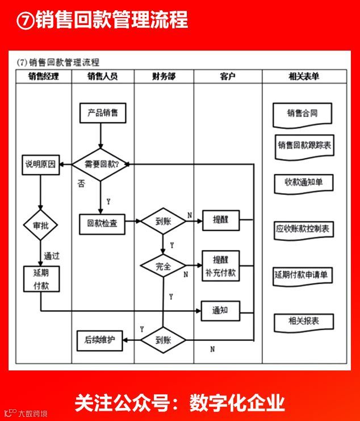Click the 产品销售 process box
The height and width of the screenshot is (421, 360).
[103, 113]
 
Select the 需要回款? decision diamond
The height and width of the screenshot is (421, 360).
[101, 164]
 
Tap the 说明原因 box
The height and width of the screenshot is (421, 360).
[40, 165]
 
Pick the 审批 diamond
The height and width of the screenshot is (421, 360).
[40, 226]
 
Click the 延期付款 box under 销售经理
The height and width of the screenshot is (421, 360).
[41, 279]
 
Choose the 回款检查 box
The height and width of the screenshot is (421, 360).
[102, 223]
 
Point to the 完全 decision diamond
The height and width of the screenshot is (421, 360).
[163, 265]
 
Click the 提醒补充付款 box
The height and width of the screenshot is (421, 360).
[221, 265]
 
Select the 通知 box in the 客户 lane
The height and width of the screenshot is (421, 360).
[220, 310]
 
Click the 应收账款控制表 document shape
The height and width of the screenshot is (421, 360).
[304, 230]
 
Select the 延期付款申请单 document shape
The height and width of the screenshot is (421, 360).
[302, 275]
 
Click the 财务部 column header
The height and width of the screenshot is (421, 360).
[164, 76]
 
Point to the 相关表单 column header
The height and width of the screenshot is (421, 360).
[304, 76]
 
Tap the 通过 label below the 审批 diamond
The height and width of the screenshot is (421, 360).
[52, 256]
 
